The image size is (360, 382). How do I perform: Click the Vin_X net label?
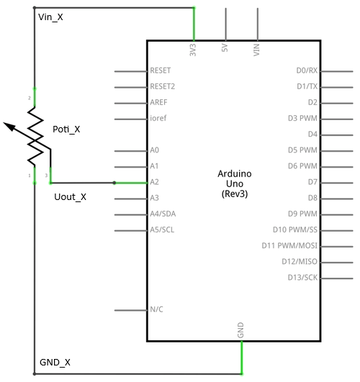click(50, 17)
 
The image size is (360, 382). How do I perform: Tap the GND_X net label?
click(54, 362)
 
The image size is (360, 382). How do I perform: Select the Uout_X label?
click(71, 196)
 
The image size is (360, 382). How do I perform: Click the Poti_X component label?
click(66, 129)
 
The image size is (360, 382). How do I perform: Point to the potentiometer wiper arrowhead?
click(8, 127)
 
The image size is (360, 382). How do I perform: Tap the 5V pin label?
click(225, 50)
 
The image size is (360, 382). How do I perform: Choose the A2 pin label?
click(154, 182)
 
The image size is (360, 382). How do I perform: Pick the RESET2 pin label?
click(162, 86)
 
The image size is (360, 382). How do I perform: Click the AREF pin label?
click(158, 102)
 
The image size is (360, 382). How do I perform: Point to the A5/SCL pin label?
click(161, 230)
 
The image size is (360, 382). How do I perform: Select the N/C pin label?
click(156, 309)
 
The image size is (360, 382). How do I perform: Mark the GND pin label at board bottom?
click(240, 330)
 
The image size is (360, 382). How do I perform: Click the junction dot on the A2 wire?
click(114, 183)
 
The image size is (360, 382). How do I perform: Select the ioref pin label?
click(158, 118)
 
